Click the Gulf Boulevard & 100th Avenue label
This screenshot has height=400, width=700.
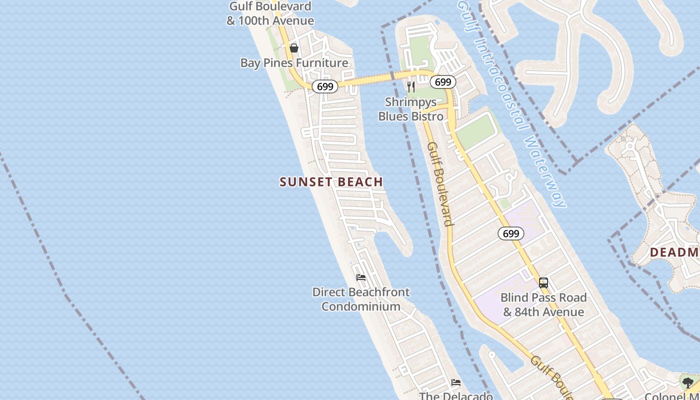tap(270, 13)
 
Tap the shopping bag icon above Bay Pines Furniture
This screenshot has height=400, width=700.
tap(294, 48)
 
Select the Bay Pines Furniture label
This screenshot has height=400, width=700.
tap(294, 62)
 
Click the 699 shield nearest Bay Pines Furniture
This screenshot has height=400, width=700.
tap(325, 86)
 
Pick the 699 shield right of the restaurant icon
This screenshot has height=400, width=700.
tap(442, 81)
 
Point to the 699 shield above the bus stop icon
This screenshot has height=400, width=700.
tap(510, 233)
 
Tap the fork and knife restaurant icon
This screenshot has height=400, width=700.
tap(411, 87)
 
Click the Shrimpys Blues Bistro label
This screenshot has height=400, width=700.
tap(411, 109)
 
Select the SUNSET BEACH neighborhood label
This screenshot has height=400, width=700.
tap(331, 182)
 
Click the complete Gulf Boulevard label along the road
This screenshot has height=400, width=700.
tap(440, 183)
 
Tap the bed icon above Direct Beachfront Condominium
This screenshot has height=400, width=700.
tap(361, 277)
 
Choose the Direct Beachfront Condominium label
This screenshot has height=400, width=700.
tap(361, 299)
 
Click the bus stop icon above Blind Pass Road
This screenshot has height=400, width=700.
tap(543, 283)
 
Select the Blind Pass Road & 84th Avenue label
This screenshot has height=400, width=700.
tap(543, 304)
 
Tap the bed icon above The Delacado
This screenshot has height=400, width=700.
tap(456, 383)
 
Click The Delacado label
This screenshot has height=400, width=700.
tap(456, 396)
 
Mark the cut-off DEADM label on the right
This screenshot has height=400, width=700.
tap(674, 252)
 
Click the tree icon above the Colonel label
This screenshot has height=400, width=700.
tap(687, 383)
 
